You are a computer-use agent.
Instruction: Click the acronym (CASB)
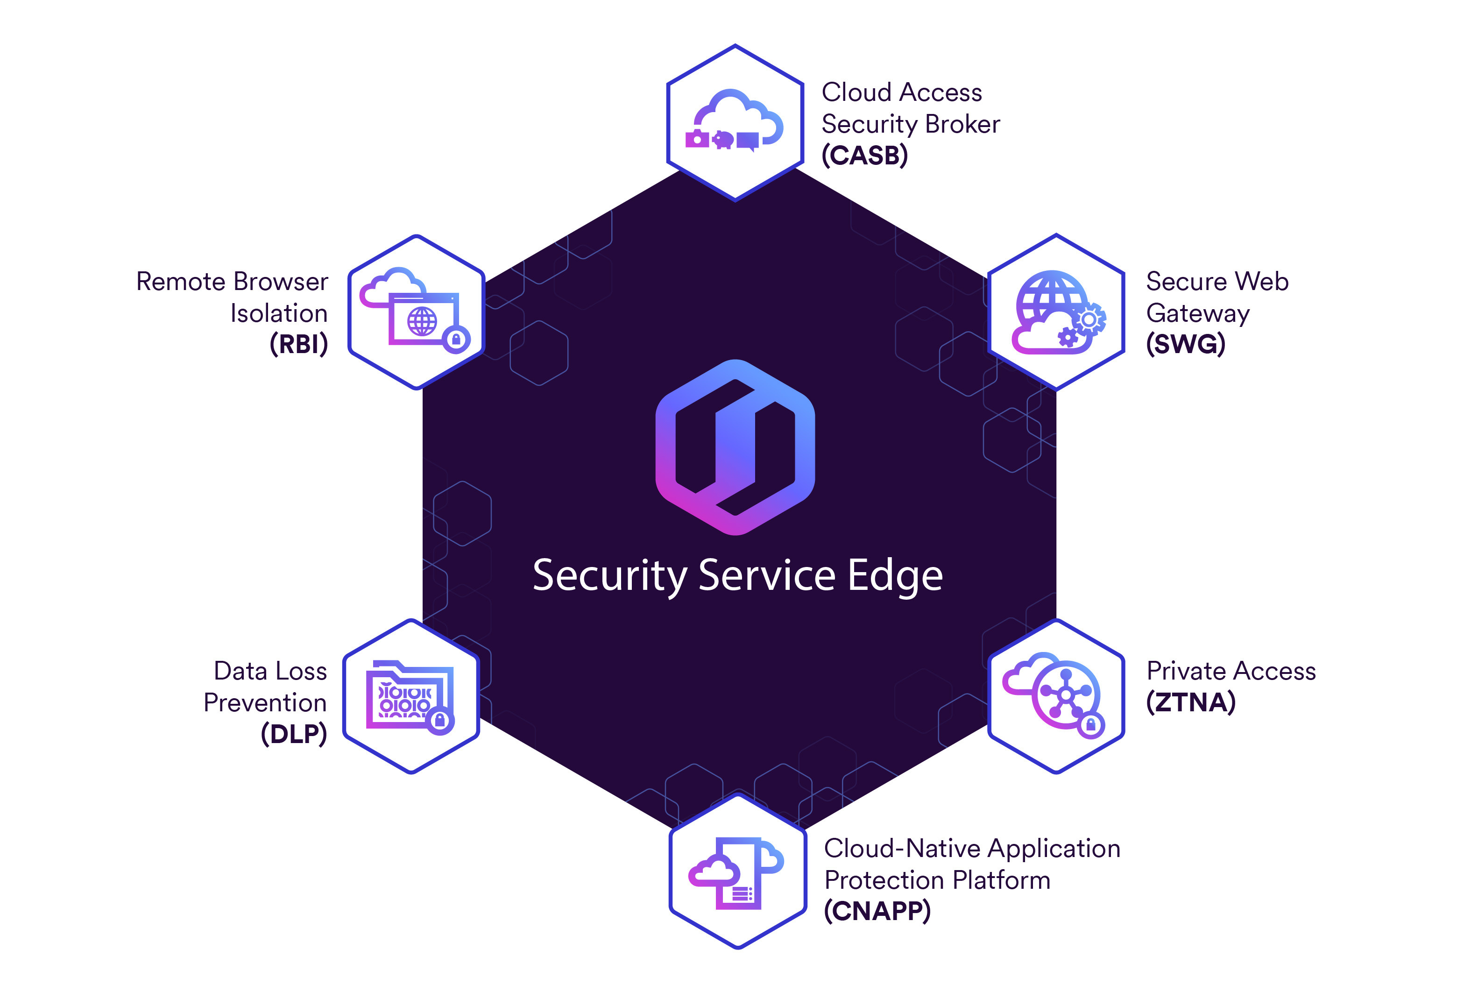pyautogui.click(x=864, y=156)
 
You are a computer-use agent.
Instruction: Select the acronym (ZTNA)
pyautogui.click(x=1191, y=701)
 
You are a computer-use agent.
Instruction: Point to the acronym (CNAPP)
pyautogui.click(x=877, y=911)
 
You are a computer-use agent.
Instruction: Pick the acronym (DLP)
pyautogui.click(x=294, y=734)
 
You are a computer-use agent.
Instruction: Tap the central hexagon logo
pyautogui.click(x=735, y=447)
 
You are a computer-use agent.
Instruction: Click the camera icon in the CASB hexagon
pyautogui.click(x=697, y=139)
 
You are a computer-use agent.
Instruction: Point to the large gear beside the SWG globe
pyautogui.click(x=1089, y=320)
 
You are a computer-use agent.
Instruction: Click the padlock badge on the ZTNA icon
pyautogui.click(x=1091, y=726)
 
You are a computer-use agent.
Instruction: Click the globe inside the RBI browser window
pyautogui.click(x=422, y=322)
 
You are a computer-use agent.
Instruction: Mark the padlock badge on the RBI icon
pyautogui.click(x=456, y=340)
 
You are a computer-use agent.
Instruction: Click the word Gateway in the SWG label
pyautogui.click(x=1197, y=313)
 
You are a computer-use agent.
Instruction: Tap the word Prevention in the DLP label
pyautogui.click(x=265, y=702)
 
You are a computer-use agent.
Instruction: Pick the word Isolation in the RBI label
pyautogui.click(x=278, y=313)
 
